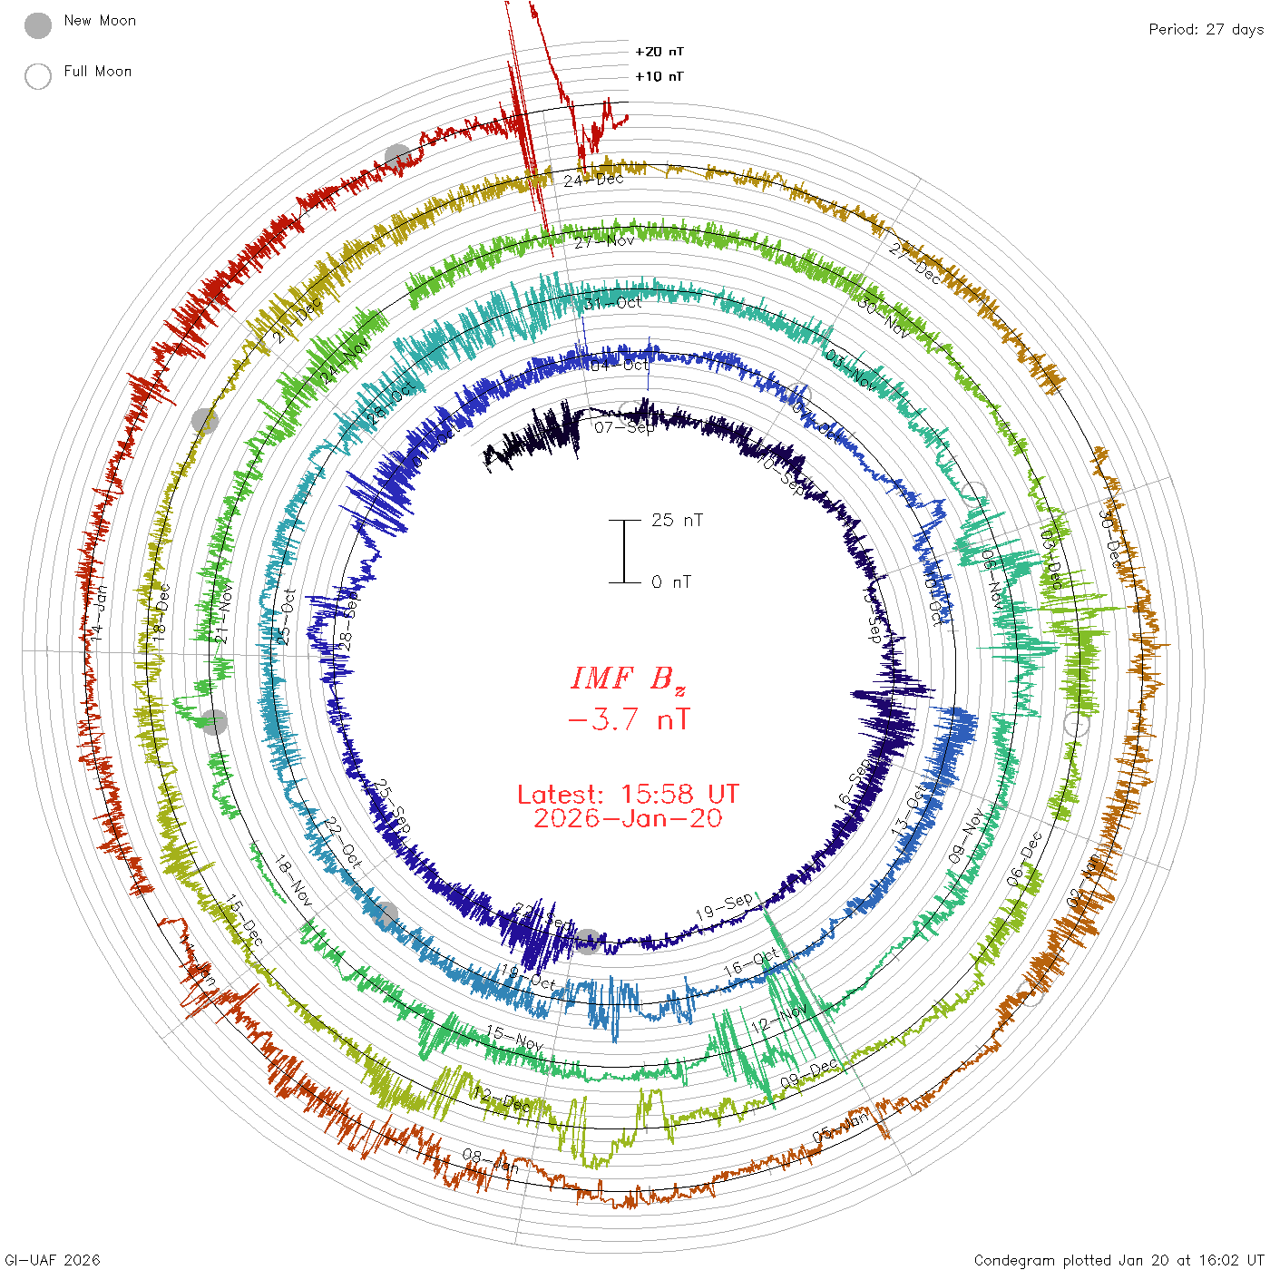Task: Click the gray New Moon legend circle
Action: [38, 26]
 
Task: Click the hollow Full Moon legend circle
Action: [38, 76]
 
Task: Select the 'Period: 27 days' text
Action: [1206, 30]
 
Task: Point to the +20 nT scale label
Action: [659, 52]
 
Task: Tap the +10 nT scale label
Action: [659, 77]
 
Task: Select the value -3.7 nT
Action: [629, 720]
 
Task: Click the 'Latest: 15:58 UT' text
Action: [628, 795]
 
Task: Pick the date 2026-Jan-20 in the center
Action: [628, 818]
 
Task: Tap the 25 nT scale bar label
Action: [677, 521]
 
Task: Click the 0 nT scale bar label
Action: [671, 582]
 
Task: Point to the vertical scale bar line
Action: [624, 552]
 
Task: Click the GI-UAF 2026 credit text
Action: [53, 1260]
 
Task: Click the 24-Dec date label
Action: [594, 180]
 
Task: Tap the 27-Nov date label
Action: [604, 241]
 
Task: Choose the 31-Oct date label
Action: [612, 303]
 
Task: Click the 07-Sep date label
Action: [625, 426]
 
